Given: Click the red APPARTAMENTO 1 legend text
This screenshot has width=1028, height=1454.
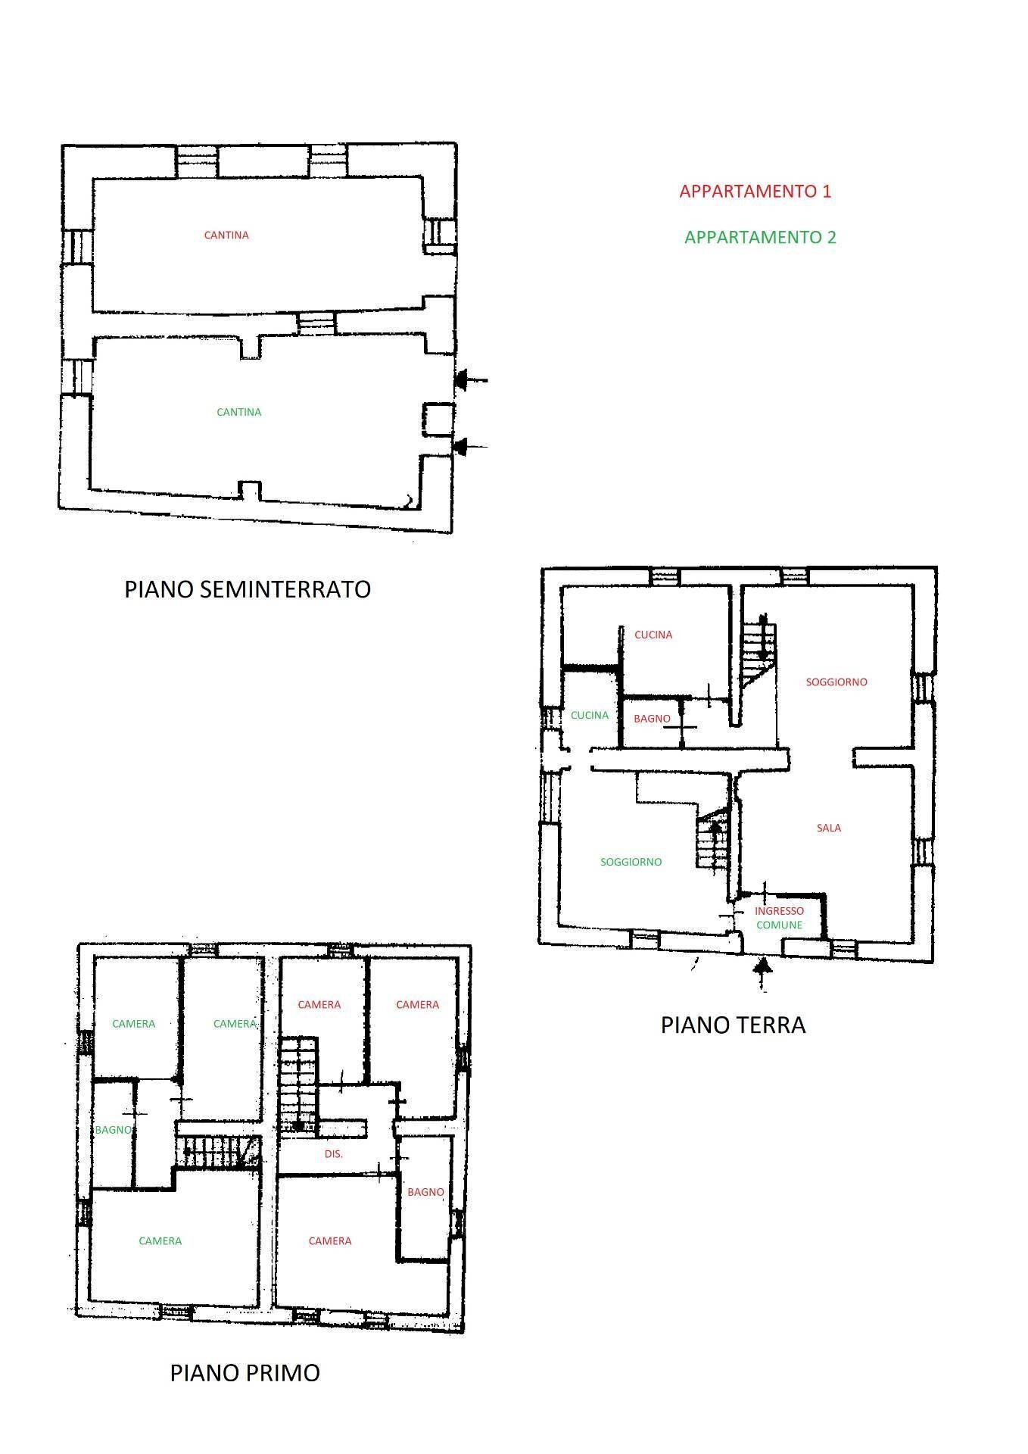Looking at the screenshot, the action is pos(755,191).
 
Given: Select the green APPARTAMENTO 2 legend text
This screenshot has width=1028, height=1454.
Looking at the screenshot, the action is pos(760,237).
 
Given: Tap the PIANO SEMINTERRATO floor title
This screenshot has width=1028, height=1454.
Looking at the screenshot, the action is pos(248,589).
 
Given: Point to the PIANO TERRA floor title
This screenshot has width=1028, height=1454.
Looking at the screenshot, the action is pos(733,1025).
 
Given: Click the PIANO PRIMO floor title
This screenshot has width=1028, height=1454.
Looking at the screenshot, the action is pos(245,1372).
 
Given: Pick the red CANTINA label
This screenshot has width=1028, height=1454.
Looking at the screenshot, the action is pos(226,236).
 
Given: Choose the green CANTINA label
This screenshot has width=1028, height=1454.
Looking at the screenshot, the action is pos(238,412).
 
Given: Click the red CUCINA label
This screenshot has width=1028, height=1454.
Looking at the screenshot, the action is pos(653,635).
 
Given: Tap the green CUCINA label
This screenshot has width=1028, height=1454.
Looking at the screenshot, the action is pos(590,715).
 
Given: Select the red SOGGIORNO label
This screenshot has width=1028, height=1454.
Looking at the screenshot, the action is pos(836,682).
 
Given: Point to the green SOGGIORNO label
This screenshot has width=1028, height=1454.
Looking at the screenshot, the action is pos(631,862).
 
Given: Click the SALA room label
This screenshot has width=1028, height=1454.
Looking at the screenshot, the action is pos(829,828).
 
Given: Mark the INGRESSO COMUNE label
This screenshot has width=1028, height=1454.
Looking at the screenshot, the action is pos(779,918).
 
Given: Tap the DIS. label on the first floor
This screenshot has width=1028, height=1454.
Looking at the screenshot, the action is pos(334,1154).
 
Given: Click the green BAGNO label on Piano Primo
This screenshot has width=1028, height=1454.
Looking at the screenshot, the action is pos(113,1130).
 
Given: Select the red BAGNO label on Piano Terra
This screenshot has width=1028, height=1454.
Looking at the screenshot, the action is pos(652,718).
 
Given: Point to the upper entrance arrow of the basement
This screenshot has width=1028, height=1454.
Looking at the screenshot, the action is pos(471,380).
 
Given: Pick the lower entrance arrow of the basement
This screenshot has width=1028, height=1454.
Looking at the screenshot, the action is pos(471,447).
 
